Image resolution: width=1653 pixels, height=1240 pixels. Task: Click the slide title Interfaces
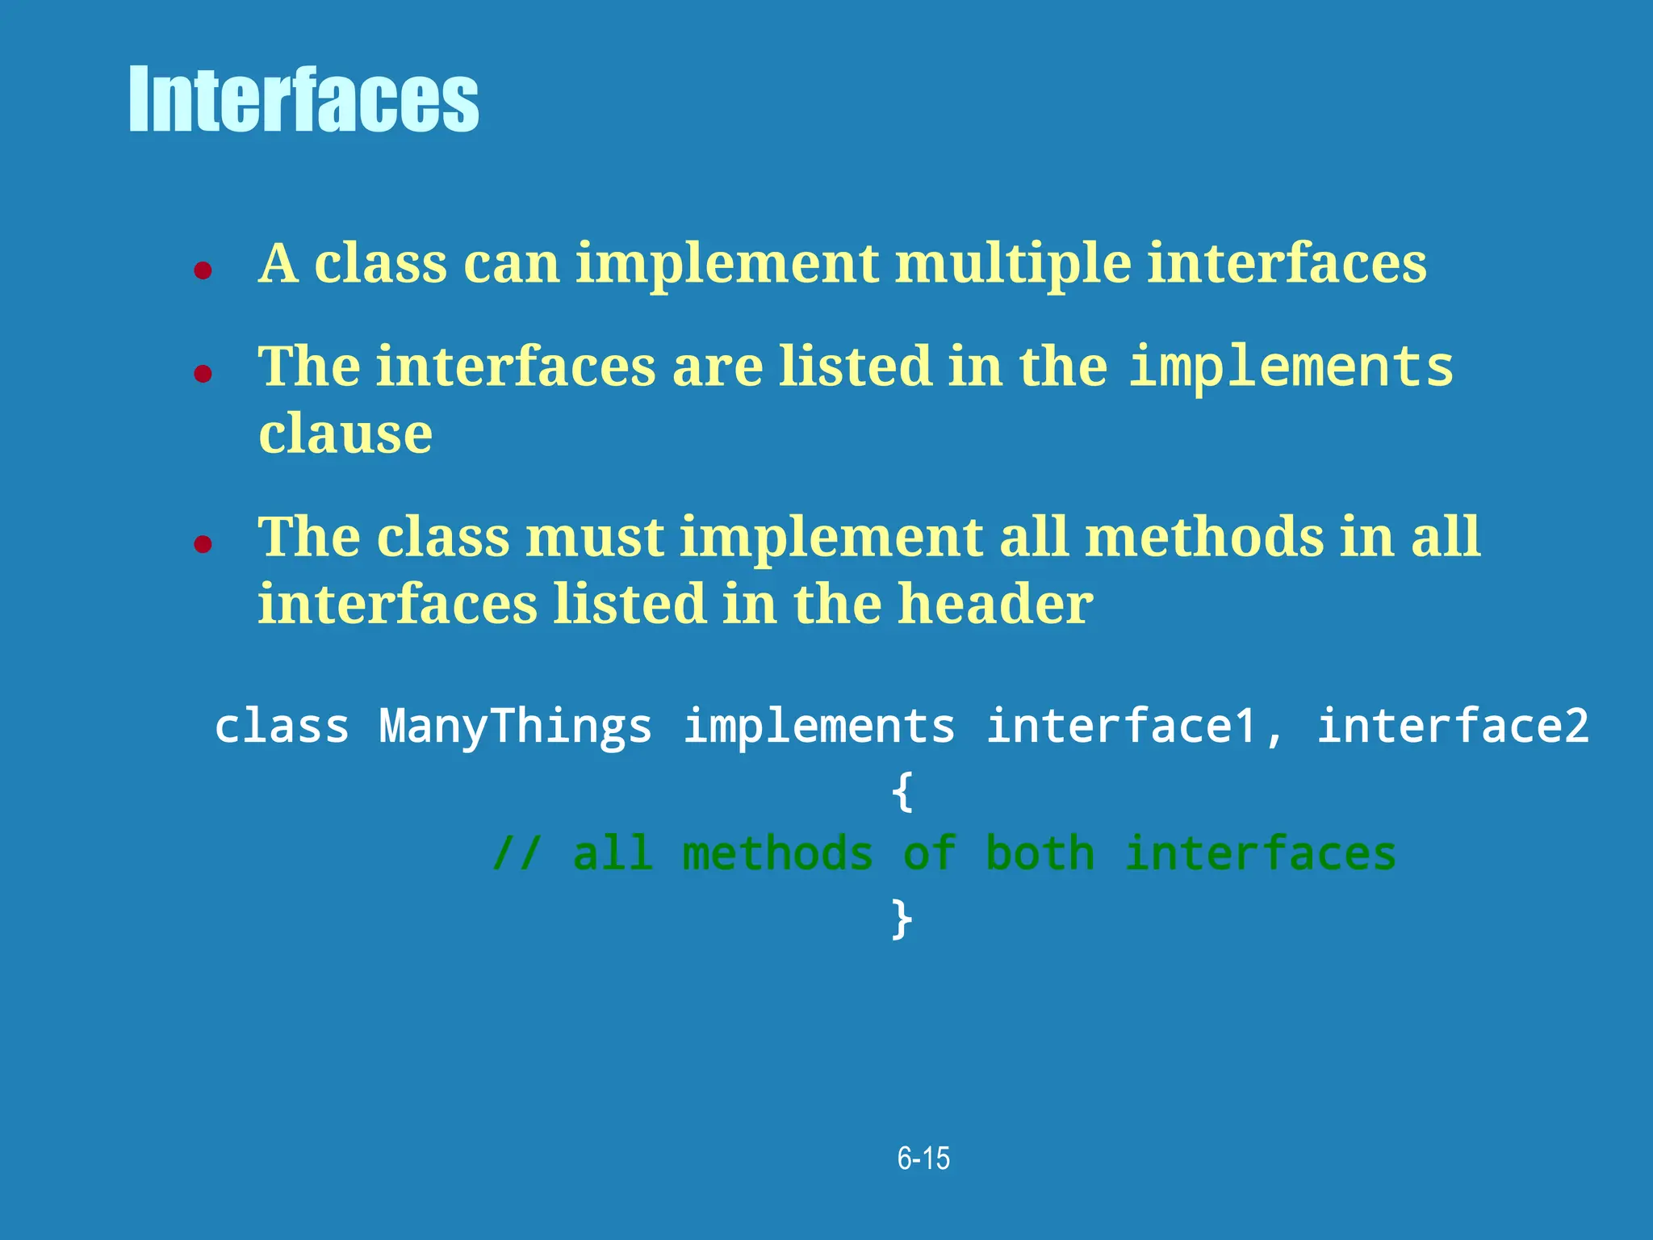click(303, 99)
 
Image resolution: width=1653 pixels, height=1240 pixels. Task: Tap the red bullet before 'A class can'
click(203, 270)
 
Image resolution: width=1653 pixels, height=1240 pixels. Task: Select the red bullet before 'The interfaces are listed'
click(203, 373)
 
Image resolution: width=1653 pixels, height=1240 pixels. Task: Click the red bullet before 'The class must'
click(203, 543)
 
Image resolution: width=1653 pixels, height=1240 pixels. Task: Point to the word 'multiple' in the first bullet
click(1013, 264)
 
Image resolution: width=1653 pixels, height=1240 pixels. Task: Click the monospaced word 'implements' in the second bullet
click(1291, 367)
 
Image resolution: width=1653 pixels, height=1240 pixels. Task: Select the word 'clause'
click(345, 434)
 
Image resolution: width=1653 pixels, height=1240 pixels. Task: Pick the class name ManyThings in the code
click(515, 726)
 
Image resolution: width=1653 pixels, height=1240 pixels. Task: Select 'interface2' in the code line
click(1452, 726)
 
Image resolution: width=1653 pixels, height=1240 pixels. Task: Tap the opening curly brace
click(902, 791)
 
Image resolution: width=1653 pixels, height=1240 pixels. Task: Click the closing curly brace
click(902, 919)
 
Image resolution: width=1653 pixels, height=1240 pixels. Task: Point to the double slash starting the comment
click(516, 855)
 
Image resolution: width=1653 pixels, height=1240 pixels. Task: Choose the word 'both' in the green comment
click(1040, 855)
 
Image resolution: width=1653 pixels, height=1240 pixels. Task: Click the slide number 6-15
click(923, 1158)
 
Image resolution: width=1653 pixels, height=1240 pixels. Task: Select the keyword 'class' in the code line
click(282, 726)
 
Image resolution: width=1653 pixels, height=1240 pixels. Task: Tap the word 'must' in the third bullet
click(595, 538)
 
